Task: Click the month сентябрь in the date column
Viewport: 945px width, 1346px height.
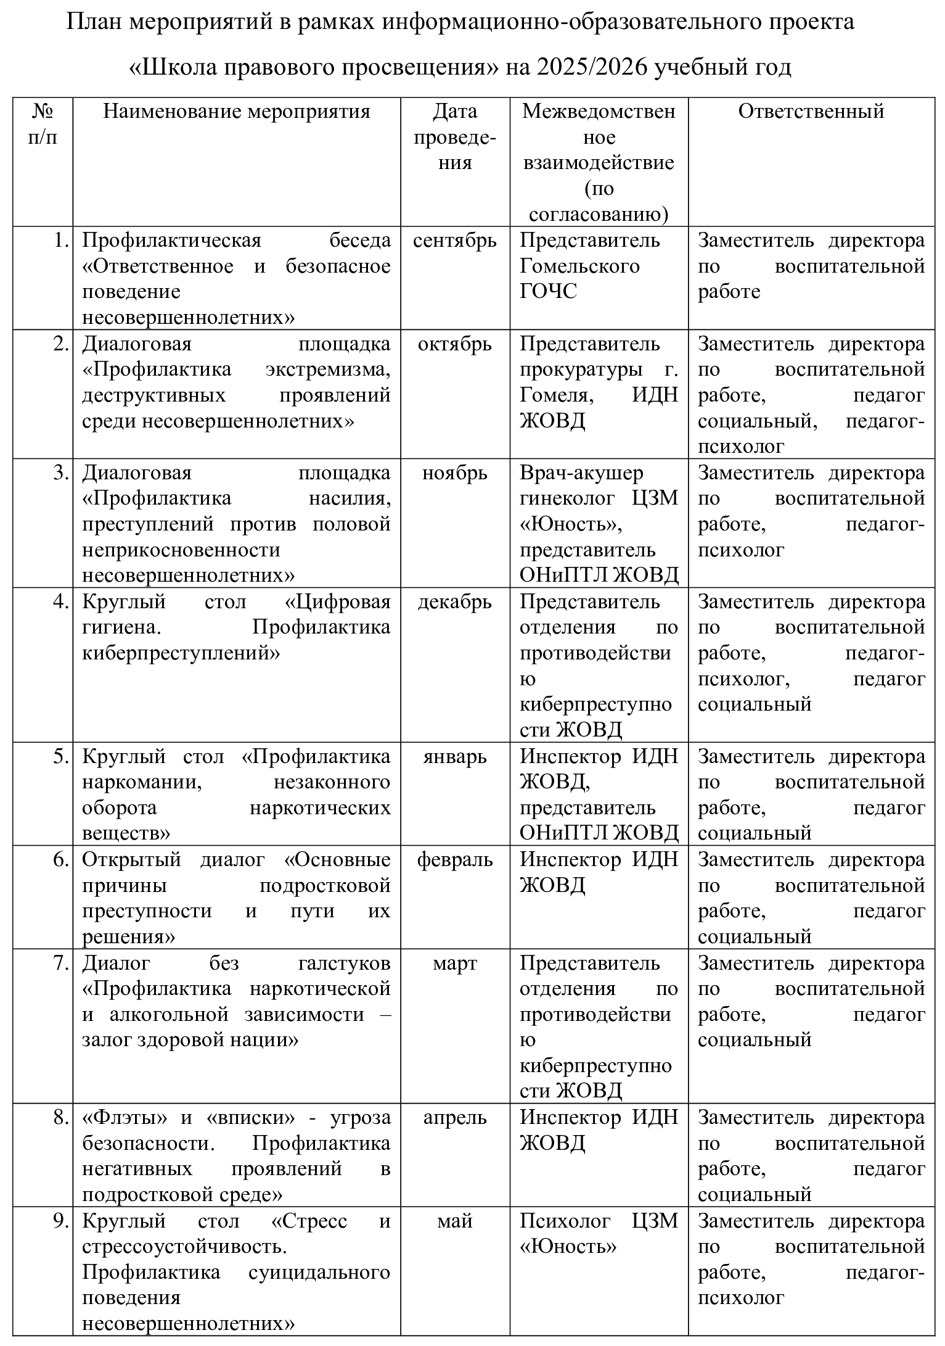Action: [454, 241]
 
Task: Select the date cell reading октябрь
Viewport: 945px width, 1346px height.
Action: [454, 344]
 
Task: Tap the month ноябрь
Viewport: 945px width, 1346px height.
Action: [454, 473]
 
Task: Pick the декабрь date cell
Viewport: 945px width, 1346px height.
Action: [454, 602]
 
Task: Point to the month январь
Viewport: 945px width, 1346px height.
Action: [454, 757]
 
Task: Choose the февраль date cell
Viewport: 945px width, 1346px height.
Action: [454, 860]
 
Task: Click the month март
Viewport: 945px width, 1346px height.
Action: [454, 964]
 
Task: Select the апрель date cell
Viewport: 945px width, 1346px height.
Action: [454, 1118]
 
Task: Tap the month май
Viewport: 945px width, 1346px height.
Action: [454, 1221]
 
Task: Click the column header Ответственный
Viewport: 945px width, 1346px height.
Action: [811, 111]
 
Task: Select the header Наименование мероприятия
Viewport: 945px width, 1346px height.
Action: [236, 111]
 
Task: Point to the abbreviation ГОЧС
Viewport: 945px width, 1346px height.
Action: [548, 292]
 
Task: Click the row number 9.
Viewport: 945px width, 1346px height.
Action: [60, 1221]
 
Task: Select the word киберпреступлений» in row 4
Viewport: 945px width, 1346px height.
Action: [181, 653]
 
